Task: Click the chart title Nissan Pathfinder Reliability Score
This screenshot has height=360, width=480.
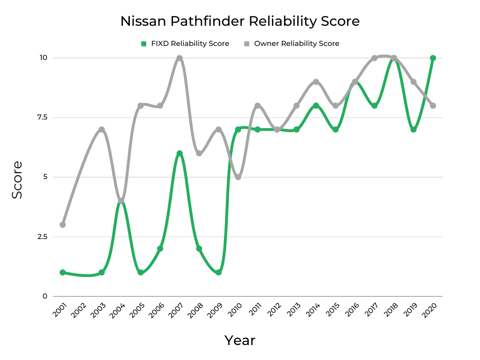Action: pyautogui.click(x=240, y=22)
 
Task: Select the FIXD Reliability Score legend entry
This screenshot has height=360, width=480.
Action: pyautogui.click(x=185, y=44)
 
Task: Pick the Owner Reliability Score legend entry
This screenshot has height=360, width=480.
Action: pyautogui.click(x=292, y=44)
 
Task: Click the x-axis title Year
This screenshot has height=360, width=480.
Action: pyautogui.click(x=240, y=340)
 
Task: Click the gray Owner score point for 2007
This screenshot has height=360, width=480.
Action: pyautogui.click(x=180, y=58)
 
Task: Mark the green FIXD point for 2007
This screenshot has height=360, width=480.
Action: pyautogui.click(x=180, y=153)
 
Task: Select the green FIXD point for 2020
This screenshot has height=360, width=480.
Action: pyautogui.click(x=433, y=58)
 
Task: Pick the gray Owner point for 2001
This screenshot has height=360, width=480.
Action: pyautogui.click(x=63, y=225)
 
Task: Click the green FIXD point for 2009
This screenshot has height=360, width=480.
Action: pyautogui.click(x=218, y=272)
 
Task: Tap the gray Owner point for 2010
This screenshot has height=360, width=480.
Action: pyautogui.click(x=238, y=177)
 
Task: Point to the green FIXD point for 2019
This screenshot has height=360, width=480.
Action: pyautogui.click(x=413, y=129)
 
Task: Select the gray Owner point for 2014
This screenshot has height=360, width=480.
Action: pyautogui.click(x=316, y=82)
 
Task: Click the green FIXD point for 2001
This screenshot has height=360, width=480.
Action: pyautogui.click(x=63, y=272)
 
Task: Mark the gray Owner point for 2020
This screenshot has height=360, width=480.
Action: pyautogui.click(x=433, y=105)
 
